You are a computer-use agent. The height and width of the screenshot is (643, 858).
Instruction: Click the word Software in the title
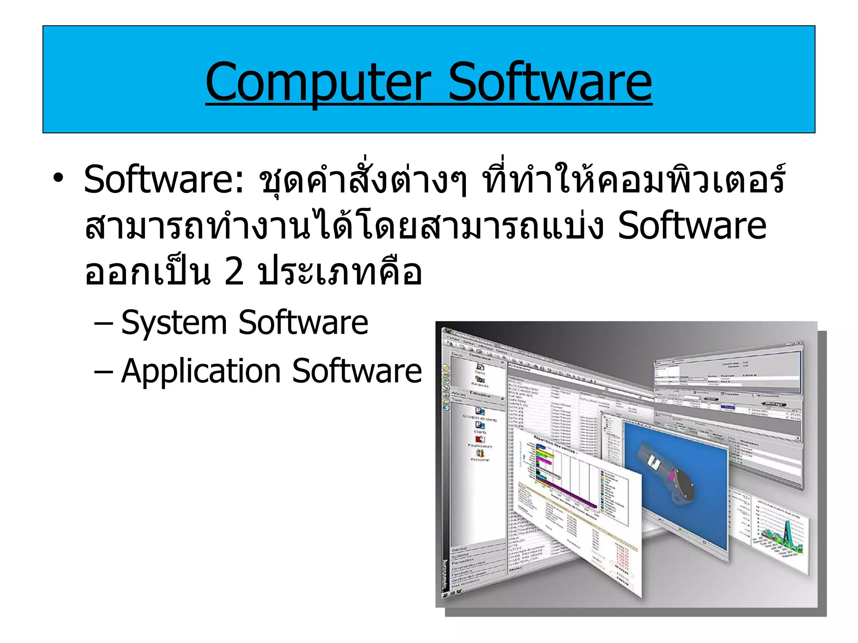click(550, 82)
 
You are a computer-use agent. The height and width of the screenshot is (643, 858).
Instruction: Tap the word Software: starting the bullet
click(163, 180)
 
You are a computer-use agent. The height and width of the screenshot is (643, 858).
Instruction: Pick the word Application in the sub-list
click(201, 371)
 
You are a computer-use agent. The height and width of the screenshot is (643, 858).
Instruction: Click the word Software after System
click(303, 323)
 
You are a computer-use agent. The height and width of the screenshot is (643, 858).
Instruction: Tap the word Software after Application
click(357, 371)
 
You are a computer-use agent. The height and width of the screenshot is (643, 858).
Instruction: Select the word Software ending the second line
click(692, 226)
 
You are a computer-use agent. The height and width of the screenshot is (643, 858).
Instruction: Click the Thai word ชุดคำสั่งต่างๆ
click(362, 180)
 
